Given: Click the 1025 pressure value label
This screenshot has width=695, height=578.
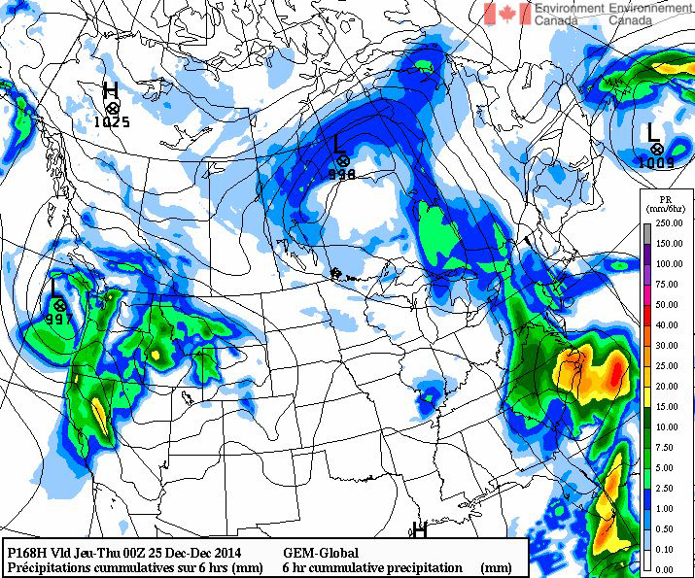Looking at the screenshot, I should [x=113, y=122].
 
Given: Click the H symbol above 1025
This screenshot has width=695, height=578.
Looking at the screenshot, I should [x=111, y=90].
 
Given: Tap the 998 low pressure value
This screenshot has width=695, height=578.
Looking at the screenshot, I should [x=341, y=174].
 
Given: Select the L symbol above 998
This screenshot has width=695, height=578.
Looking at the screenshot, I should [x=337, y=143].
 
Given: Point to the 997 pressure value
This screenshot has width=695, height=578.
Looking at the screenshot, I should [x=59, y=320].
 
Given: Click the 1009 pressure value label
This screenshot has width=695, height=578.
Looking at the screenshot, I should [x=656, y=162].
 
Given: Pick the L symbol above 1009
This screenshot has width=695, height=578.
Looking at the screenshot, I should [x=652, y=129].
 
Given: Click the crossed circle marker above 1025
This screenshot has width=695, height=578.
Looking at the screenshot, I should [x=113, y=107].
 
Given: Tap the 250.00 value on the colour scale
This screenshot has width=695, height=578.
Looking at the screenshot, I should [x=667, y=223].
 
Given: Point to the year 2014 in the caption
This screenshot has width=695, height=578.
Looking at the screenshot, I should [x=220, y=552].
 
